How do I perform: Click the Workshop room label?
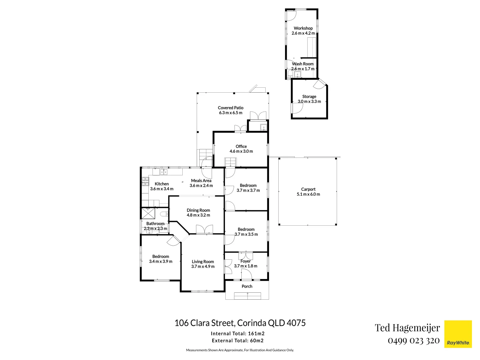303,28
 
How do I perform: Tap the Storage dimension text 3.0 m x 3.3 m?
309,101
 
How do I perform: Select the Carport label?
308,189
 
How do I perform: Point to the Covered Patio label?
230,108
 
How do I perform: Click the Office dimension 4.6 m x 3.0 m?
241,151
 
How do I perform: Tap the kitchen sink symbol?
164,172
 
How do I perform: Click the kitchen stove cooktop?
145,181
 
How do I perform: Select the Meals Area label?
201,181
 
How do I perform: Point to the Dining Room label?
198,210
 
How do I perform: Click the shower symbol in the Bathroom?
148,214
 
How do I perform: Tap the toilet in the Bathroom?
164,214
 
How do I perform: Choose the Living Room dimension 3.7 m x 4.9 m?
203,266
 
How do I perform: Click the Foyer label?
246,261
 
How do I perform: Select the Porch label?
247,286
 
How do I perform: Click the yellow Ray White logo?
458,334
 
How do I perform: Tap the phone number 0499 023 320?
414,341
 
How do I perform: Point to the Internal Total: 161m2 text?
238,334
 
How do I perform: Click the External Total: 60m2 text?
238,341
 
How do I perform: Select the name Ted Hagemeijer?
407,328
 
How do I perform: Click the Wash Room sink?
297,75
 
